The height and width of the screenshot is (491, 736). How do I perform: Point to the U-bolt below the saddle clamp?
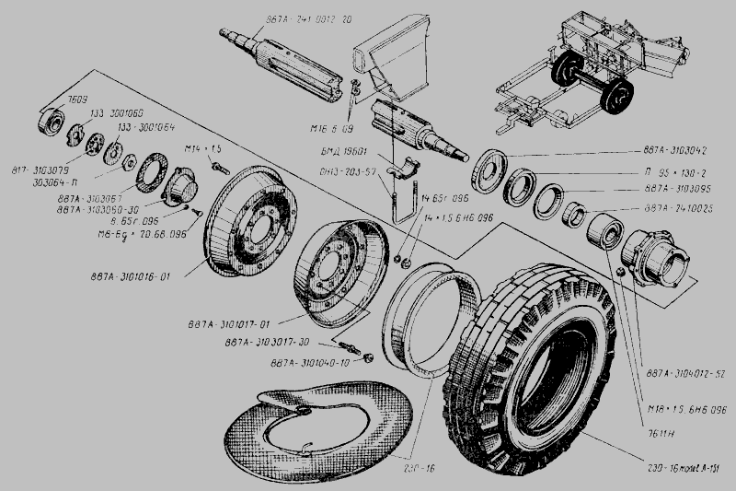[x=397, y=198]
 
